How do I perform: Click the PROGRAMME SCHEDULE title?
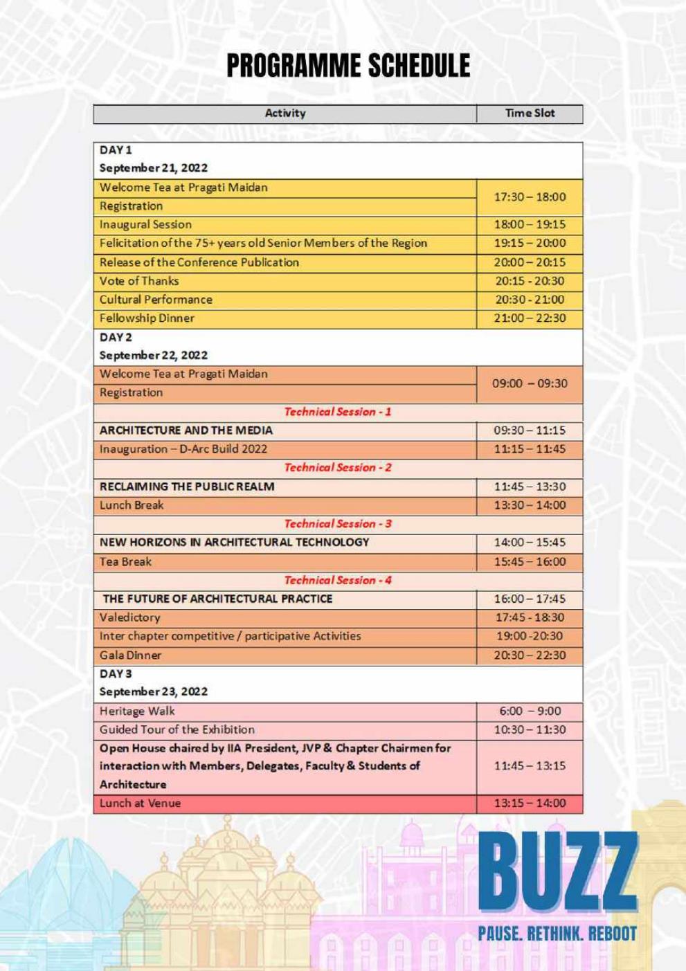[x=348, y=66]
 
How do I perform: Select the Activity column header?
[x=285, y=114]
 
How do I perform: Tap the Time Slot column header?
[x=530, y=114]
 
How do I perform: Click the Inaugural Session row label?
[x=145, y=225]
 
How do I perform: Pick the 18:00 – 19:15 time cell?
[x=530, y=225]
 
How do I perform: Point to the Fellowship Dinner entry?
[x=147, y=318]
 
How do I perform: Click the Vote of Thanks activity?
[x=139, y=281]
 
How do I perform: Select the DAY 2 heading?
[x=116, y=337]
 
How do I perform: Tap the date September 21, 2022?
[x=154, y=168]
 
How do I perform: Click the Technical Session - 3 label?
[x=338, y=524]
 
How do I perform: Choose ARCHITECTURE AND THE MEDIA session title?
[x=186, y=430]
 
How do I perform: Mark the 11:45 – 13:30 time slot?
[x=530, y=487]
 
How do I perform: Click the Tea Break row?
[x=125, y=562]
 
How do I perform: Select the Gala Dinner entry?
[x=130, y=655]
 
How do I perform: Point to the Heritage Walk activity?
[x=137, y=711]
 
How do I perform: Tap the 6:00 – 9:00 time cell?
[x=530, y=711]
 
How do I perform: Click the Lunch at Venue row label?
[x=140, y=804]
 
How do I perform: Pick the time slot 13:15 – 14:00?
[x=530, y=804]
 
